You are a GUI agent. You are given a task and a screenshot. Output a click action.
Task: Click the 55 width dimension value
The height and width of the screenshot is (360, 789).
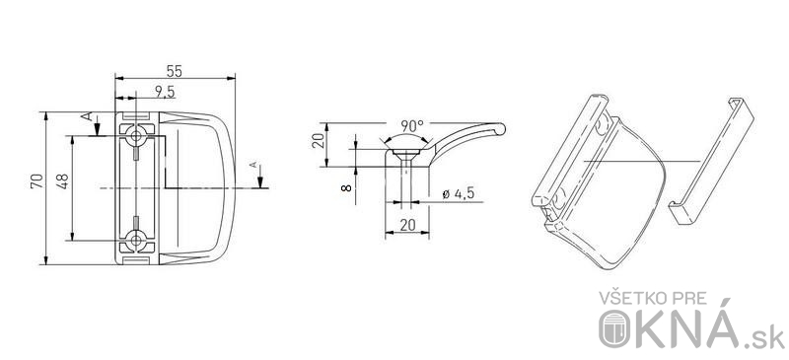click(x=175, y=71)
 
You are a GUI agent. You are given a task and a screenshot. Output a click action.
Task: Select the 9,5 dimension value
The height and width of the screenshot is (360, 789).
click(x=165, y=91)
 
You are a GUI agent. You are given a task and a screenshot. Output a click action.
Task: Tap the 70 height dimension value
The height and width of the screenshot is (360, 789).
click(x=36, y=181)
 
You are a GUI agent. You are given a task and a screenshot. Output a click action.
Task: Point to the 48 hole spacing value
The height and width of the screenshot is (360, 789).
click(x=62, y=181)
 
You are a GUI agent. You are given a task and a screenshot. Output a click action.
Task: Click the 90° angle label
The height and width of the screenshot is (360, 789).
click(x=412, y=125)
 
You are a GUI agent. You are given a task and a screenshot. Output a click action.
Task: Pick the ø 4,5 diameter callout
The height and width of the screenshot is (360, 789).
click(x=458, y=194)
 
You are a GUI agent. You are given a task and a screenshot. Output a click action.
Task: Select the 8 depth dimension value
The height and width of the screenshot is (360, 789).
click(x=346, y=187)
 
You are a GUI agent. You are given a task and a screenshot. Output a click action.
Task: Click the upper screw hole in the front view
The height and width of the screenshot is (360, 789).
click(x=136, y=135)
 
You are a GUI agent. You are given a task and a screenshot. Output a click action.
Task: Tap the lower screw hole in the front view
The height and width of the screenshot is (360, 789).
click(x=136, y=241)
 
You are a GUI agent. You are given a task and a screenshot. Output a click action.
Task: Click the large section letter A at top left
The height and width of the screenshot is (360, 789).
click(x=87, y=116)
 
